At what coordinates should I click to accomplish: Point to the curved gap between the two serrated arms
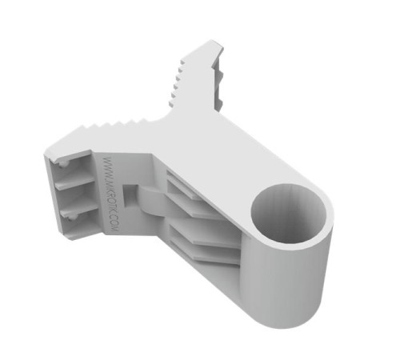pyautogui.click(x=165, y=112)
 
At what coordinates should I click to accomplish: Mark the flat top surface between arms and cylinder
pyautogui.click(x=232, y=152)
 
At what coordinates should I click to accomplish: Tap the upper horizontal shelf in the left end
pyautogui.click(x=76, y=179)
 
